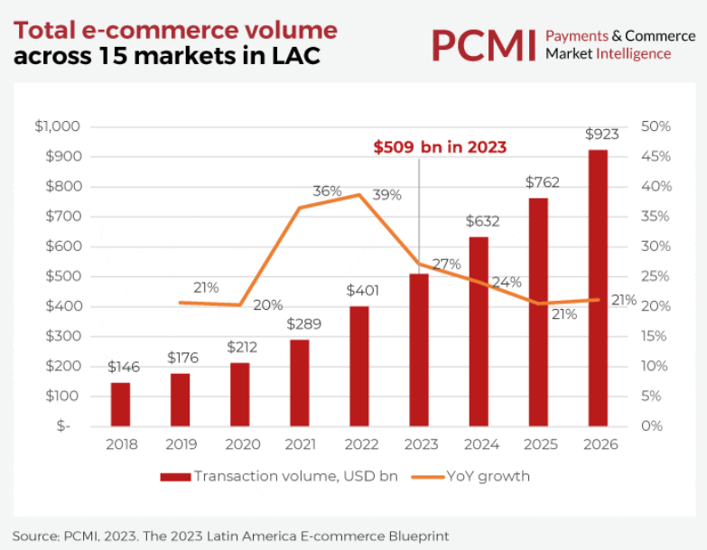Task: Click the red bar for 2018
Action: pyautogui.click(x=120, y=404)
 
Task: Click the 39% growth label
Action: pyautogui.click(x=386, y=195)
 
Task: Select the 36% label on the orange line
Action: pyautogui.click(x=327, y=191)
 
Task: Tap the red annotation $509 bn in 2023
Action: pyautogui.click(x=440, y=147)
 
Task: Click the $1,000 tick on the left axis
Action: pyautogui.click(x=58, y=126)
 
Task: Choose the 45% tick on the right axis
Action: pyautogui.click(x=656, y=156)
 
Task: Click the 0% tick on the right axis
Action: pyautogui.click(x=651, y=425)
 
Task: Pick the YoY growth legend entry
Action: pyautogui.click(x=488, y=476)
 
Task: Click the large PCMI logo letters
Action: pyautogui.click(x=482, y=44)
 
